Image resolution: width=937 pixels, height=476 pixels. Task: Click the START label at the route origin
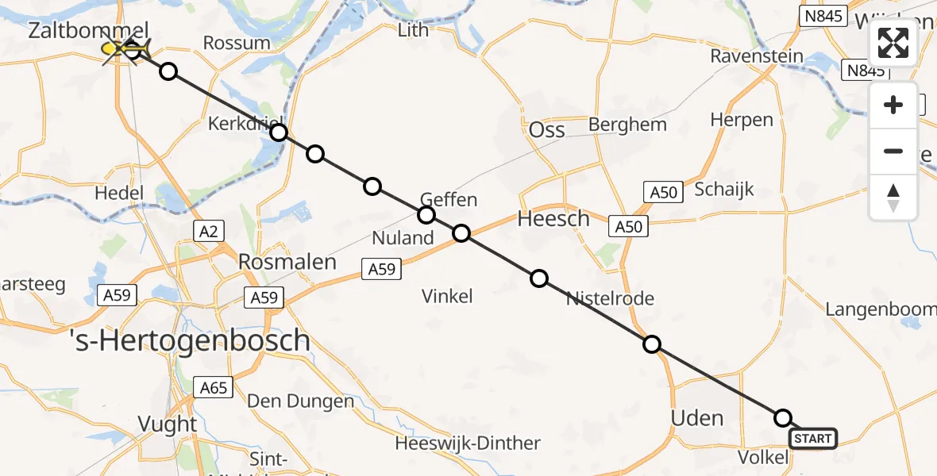[x=813, y=439]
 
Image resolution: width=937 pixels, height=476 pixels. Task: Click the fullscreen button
[x=893, y=43]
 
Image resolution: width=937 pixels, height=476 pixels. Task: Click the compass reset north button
[x=893, y=198]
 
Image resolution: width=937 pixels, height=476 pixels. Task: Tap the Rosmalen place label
[x=287, y=262]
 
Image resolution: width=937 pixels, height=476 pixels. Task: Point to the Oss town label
[x=546, y=129]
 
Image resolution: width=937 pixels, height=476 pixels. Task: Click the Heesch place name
[x=553, y=218]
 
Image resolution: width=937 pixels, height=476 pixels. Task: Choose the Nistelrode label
[x=610, y=299]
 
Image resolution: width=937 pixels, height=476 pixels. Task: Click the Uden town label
[x=697, y=418]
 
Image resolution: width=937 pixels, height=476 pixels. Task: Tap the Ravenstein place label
[x=757, y=56]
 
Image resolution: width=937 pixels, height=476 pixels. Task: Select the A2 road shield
[x=208, y=231]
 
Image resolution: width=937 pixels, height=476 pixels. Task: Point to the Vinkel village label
[x=447, y=297]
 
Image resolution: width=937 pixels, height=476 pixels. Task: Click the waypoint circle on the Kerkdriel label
[x=279, y=132]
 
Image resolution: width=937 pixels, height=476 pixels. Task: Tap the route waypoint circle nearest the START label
[x=783, y=418]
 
